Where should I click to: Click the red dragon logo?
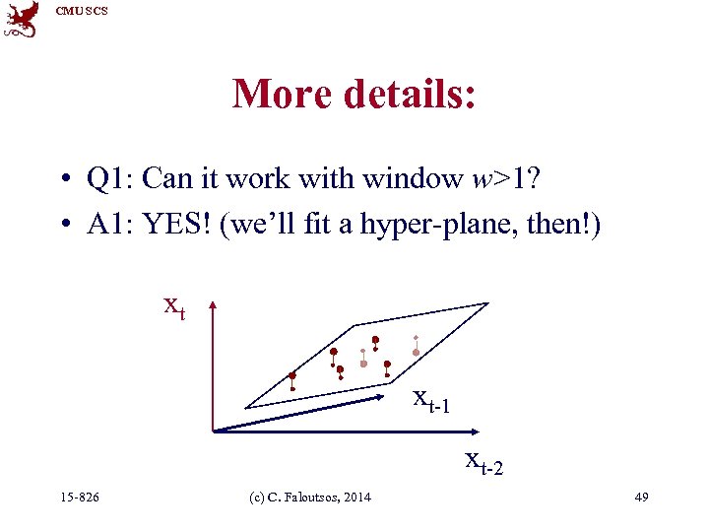coord(21,19)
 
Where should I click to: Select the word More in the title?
coord(282,94)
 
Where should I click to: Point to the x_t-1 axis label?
coord(432,400)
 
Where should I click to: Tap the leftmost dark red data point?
coord(292,375)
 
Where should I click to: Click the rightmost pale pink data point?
coord(416,352)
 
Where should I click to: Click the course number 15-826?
coord(79,497)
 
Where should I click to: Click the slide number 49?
coord(641,497)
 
